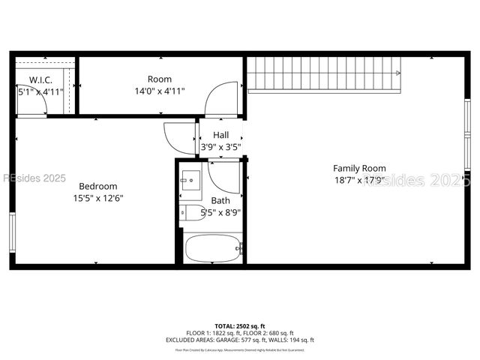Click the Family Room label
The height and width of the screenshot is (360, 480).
click(360, 168)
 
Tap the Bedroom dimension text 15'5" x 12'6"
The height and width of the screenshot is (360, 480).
click(97, 198)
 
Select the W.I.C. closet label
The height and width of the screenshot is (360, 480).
click(40, 79)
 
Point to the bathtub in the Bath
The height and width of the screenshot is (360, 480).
click(213, 248)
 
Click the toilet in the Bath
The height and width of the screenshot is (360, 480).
click(191, 212)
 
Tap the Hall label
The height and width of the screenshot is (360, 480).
click(220, 135)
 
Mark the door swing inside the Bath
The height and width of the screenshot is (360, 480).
click(223, 177)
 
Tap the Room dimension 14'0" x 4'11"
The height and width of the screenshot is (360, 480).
click(160, 91)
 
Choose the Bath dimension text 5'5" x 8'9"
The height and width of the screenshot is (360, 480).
click(221, 212)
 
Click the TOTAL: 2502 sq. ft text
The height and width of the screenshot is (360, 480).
click(239, 326)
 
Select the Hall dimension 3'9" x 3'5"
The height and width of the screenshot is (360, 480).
click(220, 147)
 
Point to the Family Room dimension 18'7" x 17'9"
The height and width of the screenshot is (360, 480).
click(360, 180)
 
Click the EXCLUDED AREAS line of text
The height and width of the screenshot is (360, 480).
click(239, 340)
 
